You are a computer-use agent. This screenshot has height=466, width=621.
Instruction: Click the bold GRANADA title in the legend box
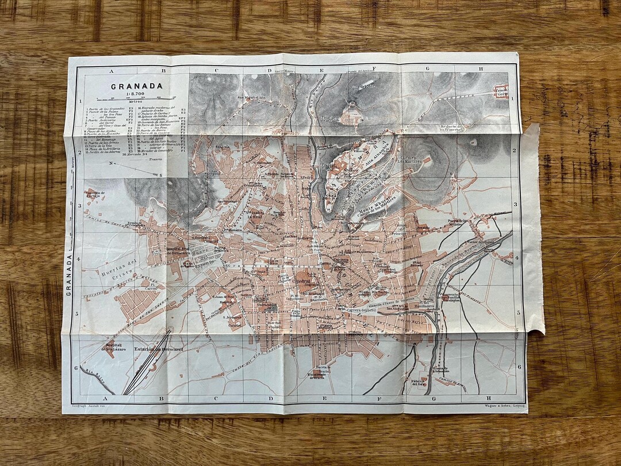tap(137, 86)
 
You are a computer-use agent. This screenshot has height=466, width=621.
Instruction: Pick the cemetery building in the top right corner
tap(501, 90)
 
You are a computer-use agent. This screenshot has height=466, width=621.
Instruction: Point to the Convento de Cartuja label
tap(96, 194)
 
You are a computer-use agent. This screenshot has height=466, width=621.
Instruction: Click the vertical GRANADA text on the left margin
tap(70, 275)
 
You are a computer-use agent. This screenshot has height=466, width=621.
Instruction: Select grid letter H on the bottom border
tap(489, 398)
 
